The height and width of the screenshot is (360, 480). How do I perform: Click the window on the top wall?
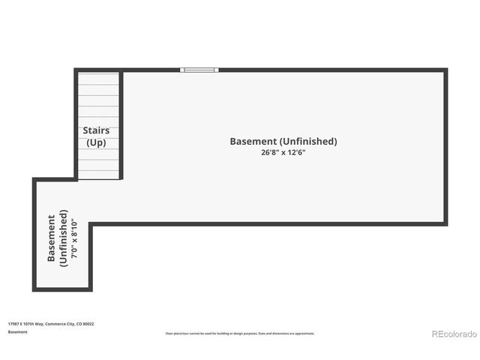click(x=199, y=70)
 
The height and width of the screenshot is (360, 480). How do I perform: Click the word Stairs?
click(x=97, y=130)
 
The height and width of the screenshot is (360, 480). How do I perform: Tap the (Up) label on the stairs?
click(x=97, y=142)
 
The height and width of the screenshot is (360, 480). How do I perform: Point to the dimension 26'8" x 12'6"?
click(x=283, y=153)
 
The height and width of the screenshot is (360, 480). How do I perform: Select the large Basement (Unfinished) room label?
click(x=283, y=141)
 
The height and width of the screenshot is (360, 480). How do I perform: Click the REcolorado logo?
click(x=453, y=333)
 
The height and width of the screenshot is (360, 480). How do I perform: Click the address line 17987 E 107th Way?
click(x=51, y=324)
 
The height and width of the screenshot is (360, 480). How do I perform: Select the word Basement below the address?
click(x=17, y=331)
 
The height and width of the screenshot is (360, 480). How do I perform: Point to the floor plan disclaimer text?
click(x=240, y=333)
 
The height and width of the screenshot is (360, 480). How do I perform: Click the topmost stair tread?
click(x=98, y=77)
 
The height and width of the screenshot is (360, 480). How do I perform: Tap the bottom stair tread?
click(x=98, y=175)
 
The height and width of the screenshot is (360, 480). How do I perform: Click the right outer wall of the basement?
click(x=445, y=146)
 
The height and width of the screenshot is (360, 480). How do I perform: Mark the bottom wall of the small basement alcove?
click(x=62, y=289)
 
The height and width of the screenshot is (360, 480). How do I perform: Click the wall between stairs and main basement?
click(x=121, y=124)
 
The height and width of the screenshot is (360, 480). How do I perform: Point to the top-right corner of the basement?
click(x=445, y=70)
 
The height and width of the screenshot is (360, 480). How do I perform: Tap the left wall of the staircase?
click(x=76, y=124)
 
